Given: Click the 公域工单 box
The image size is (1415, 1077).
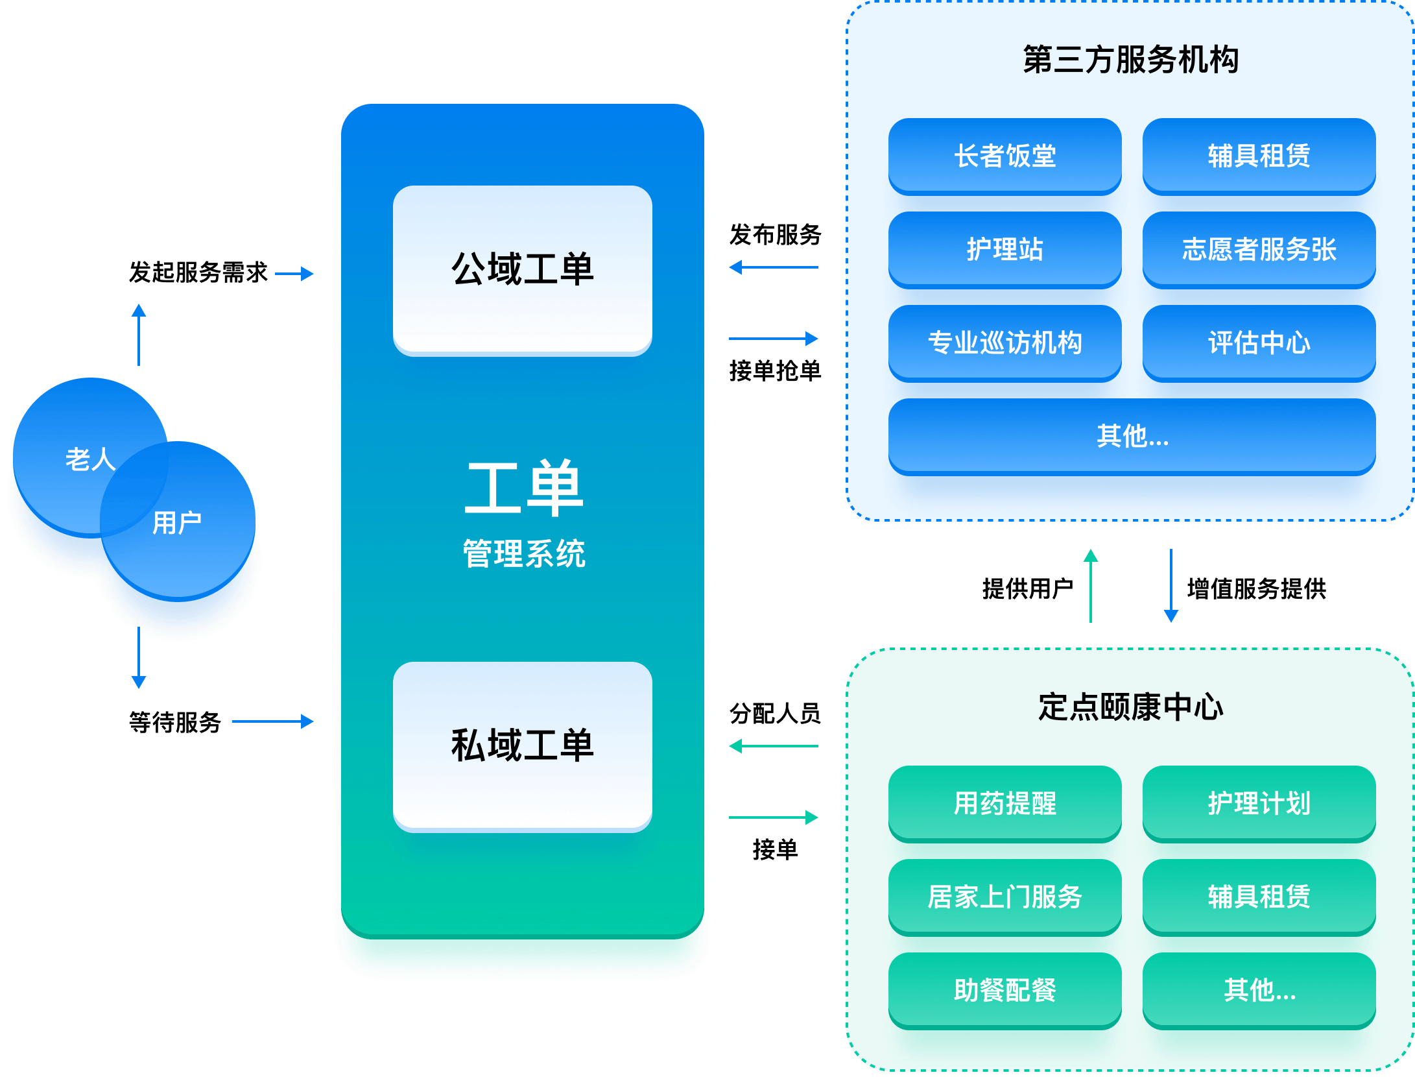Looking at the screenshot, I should pos(522,269).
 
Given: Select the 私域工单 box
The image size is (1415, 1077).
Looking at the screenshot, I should pos(522,745).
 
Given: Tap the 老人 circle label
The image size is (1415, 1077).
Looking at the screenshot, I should pos(90,459).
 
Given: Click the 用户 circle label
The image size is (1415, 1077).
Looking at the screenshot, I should pos(177,522).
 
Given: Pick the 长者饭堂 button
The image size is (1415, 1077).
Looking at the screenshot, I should pos(1005,156).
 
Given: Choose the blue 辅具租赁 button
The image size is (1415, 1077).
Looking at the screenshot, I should pos(1259,156).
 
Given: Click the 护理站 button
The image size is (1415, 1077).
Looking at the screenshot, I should pos(1005,249).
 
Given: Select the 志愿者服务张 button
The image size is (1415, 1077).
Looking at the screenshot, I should pos(1259,249).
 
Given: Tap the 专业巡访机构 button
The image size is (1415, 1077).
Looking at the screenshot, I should pos(1005,343).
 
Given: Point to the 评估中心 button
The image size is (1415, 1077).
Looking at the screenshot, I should pos(1259,343).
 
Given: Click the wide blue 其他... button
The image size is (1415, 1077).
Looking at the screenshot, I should pos(1132,436).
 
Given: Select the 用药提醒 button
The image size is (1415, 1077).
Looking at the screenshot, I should pos(1005,803).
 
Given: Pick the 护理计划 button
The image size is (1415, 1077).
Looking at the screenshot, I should pos(1259,803).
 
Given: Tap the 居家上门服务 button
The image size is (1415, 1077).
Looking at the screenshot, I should pos(1005,897).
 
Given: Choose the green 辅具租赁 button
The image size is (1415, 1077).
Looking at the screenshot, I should pos(1259,897).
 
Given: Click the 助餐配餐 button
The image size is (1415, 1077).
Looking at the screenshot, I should pos(1005,990).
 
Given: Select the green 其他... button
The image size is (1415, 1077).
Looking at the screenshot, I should pos(1259,990).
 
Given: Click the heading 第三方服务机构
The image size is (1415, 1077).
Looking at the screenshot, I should pos(1131,60).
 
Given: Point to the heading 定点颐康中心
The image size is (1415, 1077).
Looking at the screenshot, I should pos(1131,707).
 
